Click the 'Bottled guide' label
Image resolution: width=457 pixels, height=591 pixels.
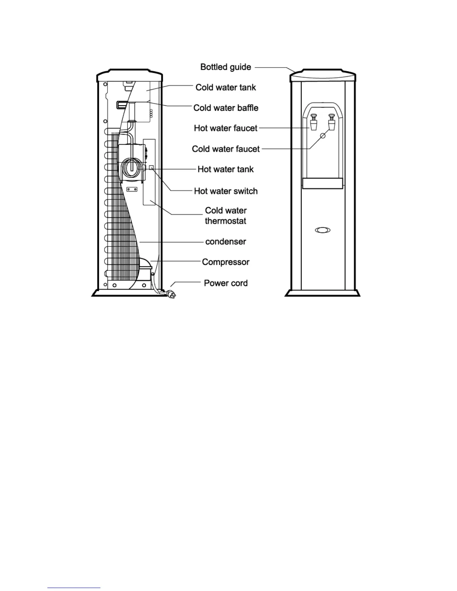(x=226, y=67)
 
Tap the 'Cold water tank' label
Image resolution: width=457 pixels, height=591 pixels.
(x=226, y=88)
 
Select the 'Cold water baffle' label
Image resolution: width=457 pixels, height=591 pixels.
(x=226, y=108)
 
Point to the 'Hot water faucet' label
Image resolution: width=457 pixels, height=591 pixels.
(x=226, y=128)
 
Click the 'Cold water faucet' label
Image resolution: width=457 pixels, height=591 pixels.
(x=226, y=149)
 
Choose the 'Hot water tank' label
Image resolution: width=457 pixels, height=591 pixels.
(x=226, y=169)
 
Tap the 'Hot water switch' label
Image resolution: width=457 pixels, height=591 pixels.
(x=226, y=191)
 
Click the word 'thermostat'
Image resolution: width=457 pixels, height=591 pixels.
(x=226, y=221)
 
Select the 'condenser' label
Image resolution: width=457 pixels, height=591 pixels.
(x=226, y=242)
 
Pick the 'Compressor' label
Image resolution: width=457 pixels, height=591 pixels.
(x=226, y=262)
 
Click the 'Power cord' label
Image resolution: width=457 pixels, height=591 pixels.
(x=226, y=283)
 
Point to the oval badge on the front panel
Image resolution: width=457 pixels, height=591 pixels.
(x=323, y=230)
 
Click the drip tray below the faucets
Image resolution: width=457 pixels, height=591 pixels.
(x=323, y=183)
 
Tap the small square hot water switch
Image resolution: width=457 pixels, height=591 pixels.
(x=151, y=168)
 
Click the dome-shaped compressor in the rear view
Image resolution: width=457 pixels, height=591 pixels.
(x=145, y=266)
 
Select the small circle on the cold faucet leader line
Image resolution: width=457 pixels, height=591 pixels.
(x=323, y=136)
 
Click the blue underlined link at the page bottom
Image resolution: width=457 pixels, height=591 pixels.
(x=74, y=588)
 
